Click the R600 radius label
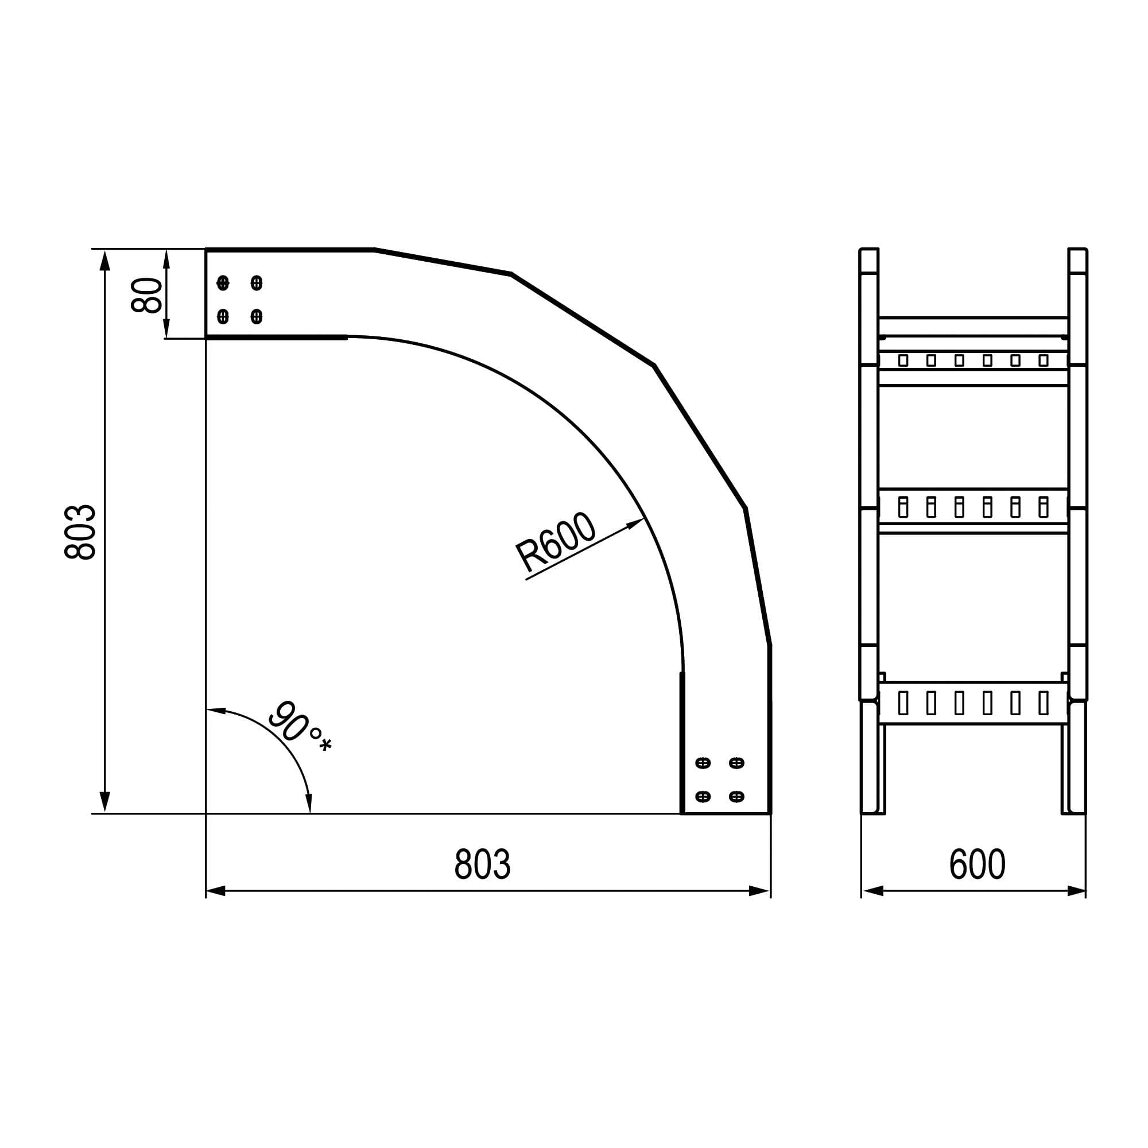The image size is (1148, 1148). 555,542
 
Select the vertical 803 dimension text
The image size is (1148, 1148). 80,532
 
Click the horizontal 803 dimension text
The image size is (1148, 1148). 482,864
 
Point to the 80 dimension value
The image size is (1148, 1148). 146,294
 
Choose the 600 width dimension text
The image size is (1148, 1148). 977,864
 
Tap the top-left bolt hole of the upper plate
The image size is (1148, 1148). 223,282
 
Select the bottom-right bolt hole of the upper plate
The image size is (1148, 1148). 257,316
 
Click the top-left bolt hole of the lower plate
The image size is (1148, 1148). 703,762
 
